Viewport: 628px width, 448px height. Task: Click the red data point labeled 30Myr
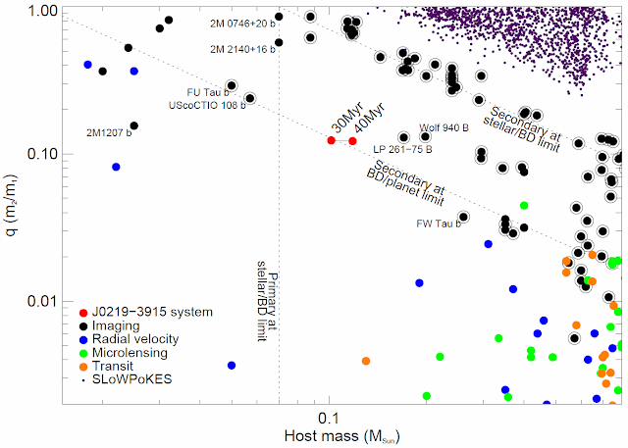(x=332, y=141)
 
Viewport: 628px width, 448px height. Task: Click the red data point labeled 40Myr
(x=352, y=141)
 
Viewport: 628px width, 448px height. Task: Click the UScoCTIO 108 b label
(x=200, y=105)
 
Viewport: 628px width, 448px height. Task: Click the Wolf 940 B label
(x=445, y=127)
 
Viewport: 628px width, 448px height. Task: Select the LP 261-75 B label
(x=402, y=149)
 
